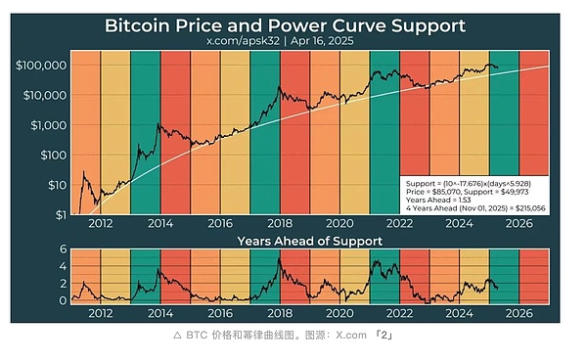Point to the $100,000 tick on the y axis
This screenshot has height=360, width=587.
pyautogui.click(x=42, y=65)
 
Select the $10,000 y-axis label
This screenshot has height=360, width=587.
pyautogui.click(x=45, y=95)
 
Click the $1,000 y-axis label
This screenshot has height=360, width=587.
pyautogui.click(x=48, y=125)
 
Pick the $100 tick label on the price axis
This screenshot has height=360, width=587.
pyautogui.click(x=53, y=155)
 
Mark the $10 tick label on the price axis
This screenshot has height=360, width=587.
pyautogui.click(x=56, y=185)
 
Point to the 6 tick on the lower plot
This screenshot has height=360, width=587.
pyautogui.click(x=64, y=250)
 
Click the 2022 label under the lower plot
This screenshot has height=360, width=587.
pyautogui.click(x=399, y=314)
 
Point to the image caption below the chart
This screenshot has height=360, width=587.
pyautogui.click(x=293, y=335)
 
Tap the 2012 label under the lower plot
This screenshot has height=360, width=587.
pyautogui.click(x=100, y=314)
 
